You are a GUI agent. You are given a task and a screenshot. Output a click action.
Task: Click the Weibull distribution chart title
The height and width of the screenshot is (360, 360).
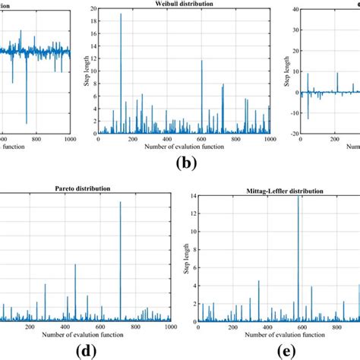pos(181,4)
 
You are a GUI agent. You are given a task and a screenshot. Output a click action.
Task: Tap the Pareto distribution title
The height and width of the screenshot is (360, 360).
pos(74,188)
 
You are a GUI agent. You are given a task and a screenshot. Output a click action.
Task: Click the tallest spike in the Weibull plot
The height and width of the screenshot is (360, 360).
pos(121,15)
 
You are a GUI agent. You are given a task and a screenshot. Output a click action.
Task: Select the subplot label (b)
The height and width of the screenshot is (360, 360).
pos(181,163)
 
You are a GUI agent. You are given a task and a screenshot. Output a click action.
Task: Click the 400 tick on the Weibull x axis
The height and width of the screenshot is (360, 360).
pos(167,140)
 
